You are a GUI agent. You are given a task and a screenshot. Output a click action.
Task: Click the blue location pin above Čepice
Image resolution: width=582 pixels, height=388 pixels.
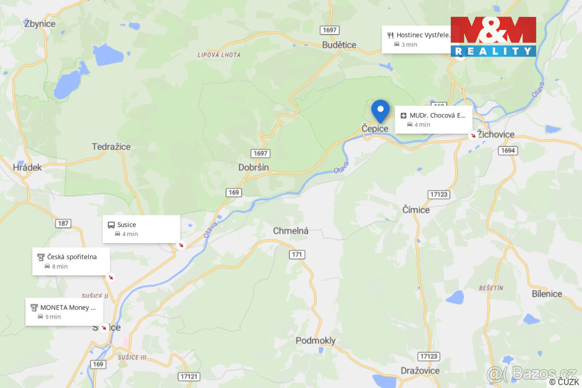point(380,110)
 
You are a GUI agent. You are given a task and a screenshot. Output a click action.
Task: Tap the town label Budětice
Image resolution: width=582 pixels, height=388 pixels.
point(339,45)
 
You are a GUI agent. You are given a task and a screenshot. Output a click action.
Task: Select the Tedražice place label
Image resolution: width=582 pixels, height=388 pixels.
point(111,146)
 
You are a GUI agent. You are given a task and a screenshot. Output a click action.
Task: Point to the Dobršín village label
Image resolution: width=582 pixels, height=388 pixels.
point(253,167)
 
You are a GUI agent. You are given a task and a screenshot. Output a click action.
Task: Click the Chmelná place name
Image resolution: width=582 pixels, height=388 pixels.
point(291,231)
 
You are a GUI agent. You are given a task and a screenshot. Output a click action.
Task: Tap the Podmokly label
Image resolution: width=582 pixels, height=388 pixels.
point(315,341)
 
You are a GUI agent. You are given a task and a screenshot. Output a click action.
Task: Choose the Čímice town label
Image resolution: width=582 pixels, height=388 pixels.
point(416,210)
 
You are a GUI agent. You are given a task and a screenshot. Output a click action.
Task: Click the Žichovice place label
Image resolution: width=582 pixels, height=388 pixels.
point(496,134)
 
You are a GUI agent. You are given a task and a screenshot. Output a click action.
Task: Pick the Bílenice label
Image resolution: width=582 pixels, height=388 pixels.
point(547,294)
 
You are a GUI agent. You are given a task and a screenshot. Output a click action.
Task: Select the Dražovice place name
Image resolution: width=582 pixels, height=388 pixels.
point(420,371)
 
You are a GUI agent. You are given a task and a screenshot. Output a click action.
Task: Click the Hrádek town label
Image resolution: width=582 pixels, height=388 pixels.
point(28,167)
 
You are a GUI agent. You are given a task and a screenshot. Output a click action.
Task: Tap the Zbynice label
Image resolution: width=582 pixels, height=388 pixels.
point(39,24)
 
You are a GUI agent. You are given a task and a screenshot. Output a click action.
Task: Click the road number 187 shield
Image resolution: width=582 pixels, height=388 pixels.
point(63,224)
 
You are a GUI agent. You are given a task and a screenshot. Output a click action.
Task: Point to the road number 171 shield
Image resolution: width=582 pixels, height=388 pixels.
point(297,254)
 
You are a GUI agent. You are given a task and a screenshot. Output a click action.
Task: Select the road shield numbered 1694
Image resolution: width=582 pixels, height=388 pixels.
point(507,151)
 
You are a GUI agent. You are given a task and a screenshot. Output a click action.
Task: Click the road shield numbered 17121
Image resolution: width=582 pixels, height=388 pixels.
point(189,376)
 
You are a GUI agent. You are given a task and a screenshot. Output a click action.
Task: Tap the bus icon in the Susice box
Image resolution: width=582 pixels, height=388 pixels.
point(111,225)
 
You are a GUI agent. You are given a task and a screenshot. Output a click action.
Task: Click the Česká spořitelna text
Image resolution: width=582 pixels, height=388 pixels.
point(72,257)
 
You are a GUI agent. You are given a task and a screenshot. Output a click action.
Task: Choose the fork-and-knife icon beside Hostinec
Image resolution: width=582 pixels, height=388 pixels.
point(390,35)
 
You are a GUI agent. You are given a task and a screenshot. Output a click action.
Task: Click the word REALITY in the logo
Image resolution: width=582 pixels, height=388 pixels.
point(493,51)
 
